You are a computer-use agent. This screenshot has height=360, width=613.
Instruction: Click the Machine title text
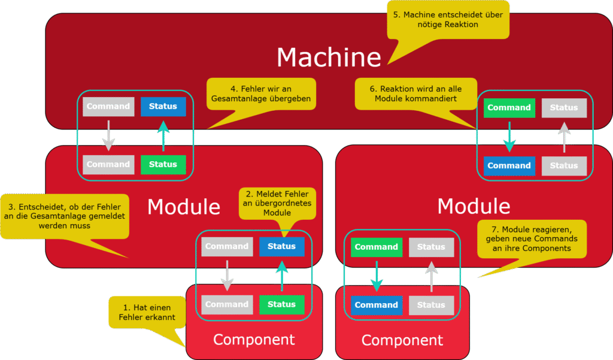[329, 57]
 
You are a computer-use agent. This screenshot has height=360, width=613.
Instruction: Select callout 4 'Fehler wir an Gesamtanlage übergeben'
[261, 93]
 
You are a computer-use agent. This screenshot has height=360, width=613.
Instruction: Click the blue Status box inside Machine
[163, 107]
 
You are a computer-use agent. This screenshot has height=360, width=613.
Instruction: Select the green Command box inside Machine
[509, 108]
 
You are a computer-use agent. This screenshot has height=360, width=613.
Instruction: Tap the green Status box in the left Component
[281, 304]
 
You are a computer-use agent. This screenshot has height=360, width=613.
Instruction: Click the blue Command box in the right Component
[376, 305]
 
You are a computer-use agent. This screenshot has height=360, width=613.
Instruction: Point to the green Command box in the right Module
[376, 247]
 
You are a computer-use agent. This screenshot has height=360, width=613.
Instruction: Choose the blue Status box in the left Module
[281, 246]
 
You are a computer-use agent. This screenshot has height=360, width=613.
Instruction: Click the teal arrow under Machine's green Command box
[509, 137]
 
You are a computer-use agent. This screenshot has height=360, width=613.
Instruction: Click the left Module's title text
[184, 207]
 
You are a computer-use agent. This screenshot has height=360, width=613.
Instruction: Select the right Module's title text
[474, 206]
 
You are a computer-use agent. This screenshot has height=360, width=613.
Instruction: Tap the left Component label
[254, 340]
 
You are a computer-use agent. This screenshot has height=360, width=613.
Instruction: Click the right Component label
[402, 341]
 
